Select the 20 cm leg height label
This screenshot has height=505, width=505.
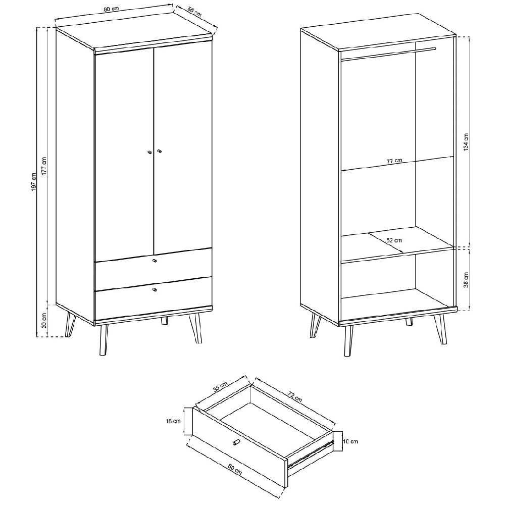[x=44, y=321]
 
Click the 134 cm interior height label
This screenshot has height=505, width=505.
[x=466, y=142]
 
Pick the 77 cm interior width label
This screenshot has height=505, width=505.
[x=394, y=161]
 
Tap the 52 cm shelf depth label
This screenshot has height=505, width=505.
[x=394, y=240]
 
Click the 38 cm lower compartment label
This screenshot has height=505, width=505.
[x=466, y=280]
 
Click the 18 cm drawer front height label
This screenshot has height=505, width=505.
[x=173, y=421]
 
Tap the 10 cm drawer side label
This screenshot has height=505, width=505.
[x=350, y=441]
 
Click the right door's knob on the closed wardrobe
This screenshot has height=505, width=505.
[x=159, y=150]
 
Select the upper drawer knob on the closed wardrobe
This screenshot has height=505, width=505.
[x=154, y=260]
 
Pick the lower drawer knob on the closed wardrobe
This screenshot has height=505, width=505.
[x=154, y=290]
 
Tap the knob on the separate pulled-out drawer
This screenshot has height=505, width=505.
[x=236, y=442]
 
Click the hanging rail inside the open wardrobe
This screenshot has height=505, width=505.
[x=388, y=54]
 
